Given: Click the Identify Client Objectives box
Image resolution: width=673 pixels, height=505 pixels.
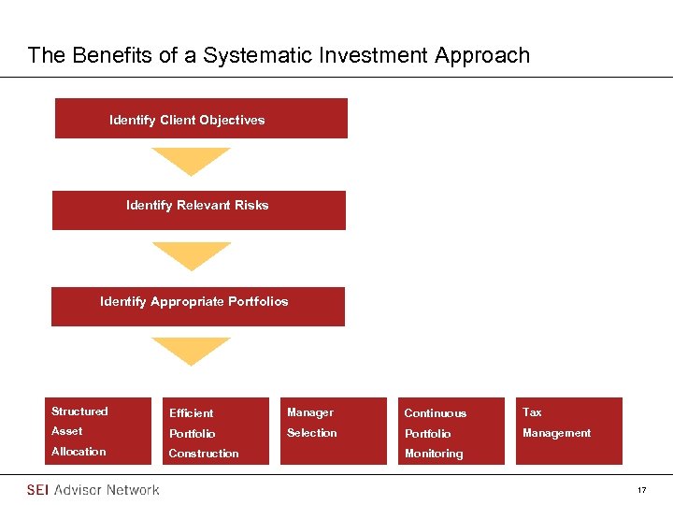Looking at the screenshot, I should pos(201,119).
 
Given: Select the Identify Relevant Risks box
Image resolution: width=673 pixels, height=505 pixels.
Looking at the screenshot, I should pos(198,209).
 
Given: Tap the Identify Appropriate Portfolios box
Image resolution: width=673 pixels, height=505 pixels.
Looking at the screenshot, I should pos(197,306).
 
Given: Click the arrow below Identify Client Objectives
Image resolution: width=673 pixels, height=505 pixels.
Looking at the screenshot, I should pos(191,161).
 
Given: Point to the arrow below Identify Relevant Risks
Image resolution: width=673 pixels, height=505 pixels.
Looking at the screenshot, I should pos(191,255).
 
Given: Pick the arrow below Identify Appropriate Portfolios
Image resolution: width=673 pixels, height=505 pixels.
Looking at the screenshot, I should pos(191,351).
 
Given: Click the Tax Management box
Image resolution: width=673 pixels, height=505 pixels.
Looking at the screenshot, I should pos(568,431).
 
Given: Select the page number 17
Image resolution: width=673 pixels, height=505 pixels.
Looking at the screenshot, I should pos(641,490).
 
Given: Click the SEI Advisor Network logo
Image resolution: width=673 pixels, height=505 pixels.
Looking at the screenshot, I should pos(93,490).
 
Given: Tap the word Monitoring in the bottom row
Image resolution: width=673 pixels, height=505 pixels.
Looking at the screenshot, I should pos(433,454).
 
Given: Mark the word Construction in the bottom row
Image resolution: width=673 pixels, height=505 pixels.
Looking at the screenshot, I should pos(203,454).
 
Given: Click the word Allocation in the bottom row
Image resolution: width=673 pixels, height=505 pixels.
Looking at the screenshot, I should pos(79,452).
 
